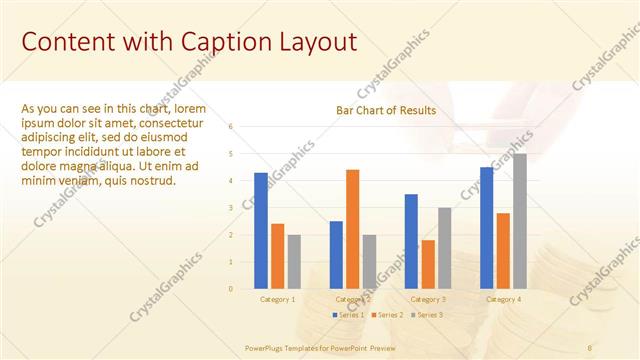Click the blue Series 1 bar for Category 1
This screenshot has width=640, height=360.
(261, 230)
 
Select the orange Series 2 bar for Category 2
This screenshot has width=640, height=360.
(353, 229)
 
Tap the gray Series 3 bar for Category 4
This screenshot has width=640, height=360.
(519, 221)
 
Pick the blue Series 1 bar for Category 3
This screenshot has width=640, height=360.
(411, 241)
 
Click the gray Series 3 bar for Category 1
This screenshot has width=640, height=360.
(294, 261)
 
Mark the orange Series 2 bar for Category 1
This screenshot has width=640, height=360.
(278, 256)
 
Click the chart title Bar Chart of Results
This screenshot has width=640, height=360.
(386, 110)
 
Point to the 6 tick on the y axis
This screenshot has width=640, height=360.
(230, 127)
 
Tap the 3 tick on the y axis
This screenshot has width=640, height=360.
(230, 208)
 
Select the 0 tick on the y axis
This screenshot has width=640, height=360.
(230, 289)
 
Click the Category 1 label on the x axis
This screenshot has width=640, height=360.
(278, 299)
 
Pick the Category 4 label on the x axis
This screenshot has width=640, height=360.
(503, 299)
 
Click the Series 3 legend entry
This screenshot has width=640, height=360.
(429, 315)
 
